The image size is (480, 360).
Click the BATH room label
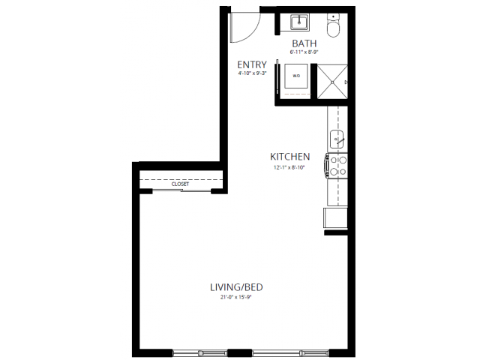click(x=303, y=43)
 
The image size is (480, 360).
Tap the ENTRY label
click(x=251, y=64)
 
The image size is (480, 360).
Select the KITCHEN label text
click(x=290, y=157)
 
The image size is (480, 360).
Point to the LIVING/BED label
click(x=236, y=287)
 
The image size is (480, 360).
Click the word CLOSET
click(x=180, y=184)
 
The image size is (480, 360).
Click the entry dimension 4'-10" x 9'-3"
click(x=252, y=73)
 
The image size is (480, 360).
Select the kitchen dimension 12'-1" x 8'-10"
click(x=290, y=166)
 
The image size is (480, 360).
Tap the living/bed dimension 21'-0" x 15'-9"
click(x=236, y=297)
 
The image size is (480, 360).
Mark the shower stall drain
click(x=345, y=81)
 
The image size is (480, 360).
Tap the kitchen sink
click(x=336, y=139)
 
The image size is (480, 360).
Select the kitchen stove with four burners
click(x=337, y=165)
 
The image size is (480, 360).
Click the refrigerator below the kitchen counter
click(x=335, y=218)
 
